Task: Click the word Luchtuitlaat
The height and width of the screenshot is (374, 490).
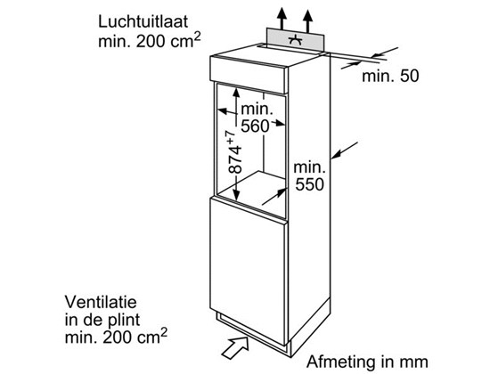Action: point(143,22)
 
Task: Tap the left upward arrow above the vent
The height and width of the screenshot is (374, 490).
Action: point(282,19)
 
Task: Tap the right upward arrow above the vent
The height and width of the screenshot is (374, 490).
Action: point(308,21)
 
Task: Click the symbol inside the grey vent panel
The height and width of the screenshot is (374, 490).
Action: point(295,40)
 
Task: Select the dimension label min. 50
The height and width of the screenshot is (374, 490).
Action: point(390,76)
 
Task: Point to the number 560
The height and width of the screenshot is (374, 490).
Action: point(255,126)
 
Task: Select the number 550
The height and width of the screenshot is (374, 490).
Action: point(309,184)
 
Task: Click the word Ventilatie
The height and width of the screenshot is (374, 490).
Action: point(101,302)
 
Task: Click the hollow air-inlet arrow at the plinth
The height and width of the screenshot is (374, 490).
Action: point(234,347)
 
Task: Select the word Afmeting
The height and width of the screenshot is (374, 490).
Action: point(341,362)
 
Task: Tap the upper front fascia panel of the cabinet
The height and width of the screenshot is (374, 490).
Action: point(249,75)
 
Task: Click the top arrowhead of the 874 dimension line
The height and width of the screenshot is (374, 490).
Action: point(236,93)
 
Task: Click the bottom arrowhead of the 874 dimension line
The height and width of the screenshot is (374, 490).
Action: point(236,197)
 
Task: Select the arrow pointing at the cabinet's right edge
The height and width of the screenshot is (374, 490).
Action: point(345,150)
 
